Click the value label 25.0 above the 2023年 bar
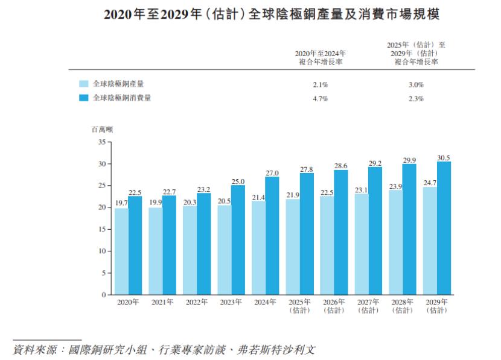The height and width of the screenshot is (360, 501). point(238,181)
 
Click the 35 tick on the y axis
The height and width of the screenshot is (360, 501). point(101,142)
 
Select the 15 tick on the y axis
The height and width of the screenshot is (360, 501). point(101,230)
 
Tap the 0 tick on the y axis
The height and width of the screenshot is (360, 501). point(103,295)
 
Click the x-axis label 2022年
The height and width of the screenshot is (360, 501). point(196,302)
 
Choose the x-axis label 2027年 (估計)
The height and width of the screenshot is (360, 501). point(368,306)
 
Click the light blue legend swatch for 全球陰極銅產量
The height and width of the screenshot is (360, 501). point(84,84)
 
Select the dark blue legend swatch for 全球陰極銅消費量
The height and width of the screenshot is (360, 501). point(84,98)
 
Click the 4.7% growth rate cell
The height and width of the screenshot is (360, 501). point(320,98)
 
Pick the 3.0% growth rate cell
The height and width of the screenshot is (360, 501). point(416,85)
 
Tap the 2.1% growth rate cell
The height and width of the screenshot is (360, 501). point(320,85)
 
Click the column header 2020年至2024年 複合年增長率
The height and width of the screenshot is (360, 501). point(320,57)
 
